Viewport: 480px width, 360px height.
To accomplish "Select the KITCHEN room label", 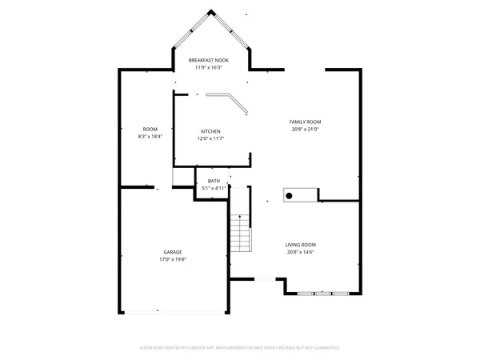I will coord(210,131).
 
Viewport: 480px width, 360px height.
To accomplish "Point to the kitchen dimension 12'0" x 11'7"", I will coord(210,138).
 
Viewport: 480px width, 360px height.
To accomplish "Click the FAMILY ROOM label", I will coord(305,122).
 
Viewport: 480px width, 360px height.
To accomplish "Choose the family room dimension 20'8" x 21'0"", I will coord(305,129).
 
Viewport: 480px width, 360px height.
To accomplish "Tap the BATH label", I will coord(214,181).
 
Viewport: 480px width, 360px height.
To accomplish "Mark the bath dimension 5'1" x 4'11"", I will coord(214,188).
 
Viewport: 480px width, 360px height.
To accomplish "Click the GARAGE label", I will coord(172,252).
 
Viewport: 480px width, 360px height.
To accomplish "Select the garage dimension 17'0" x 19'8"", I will coord(172,259).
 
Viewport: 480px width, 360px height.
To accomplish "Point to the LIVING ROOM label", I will coord(301,245).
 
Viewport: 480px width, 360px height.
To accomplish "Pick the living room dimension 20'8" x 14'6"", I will coord(301,252).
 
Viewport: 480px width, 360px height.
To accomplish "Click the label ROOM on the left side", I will coord(150,129).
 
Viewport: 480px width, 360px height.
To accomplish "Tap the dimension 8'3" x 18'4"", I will coord(150,137).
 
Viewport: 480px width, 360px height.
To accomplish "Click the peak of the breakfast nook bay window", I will coord(211,11).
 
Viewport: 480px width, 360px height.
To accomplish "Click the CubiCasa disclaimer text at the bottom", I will coord(240,347).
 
